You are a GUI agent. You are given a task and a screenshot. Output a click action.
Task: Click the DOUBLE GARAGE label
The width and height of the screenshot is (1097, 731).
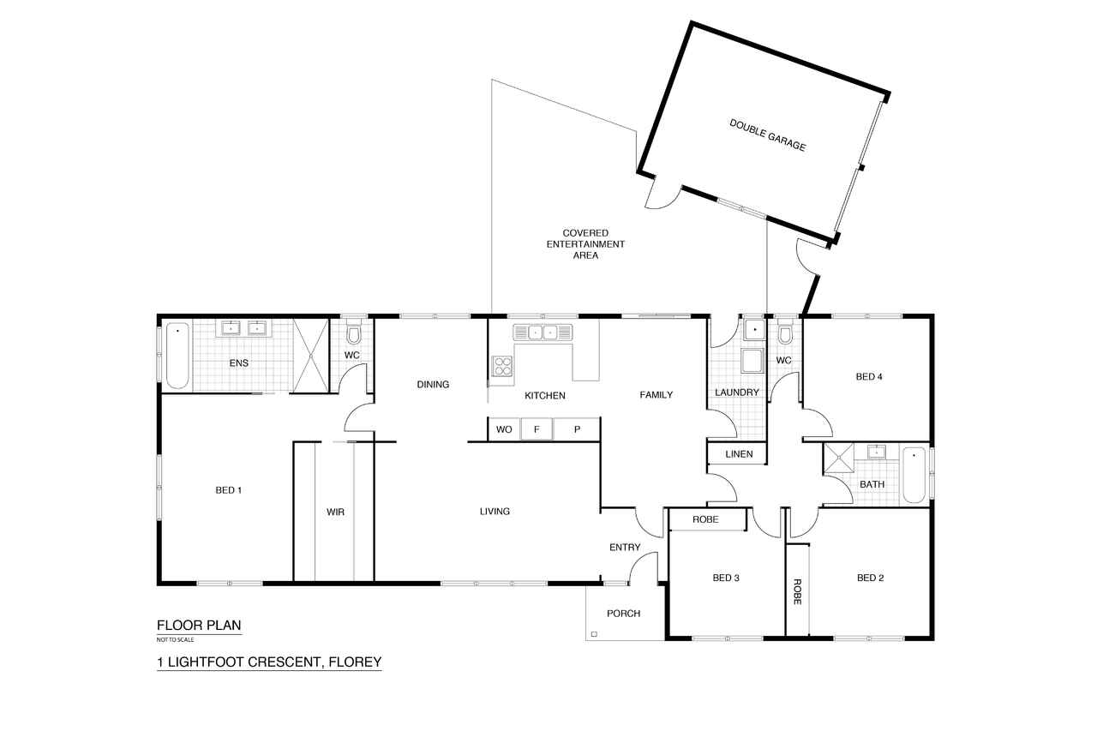767,135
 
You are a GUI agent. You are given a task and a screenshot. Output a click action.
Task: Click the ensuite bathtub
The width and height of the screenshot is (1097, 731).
177,356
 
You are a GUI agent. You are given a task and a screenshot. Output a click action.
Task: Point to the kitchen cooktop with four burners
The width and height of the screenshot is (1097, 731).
502,366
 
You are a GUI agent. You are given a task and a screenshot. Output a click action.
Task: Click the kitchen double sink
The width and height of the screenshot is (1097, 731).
543,333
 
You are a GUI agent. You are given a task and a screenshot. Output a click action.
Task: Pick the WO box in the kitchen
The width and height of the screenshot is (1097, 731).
504,429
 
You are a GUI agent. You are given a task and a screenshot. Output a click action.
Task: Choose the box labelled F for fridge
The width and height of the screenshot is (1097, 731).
537,429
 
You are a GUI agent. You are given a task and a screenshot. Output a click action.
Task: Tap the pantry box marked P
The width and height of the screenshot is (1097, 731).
577,429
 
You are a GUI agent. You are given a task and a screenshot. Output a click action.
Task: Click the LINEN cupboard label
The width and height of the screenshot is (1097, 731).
739,454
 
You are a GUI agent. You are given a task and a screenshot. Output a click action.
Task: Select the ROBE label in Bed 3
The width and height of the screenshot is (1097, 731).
705,519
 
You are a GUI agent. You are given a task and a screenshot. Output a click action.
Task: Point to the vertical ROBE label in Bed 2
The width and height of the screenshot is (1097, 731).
797,591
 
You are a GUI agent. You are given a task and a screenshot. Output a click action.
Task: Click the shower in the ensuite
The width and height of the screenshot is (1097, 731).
311,356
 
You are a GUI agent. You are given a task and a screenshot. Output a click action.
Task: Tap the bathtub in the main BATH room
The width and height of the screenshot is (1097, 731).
914,475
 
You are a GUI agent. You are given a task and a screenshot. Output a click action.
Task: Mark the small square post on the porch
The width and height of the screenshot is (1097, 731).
594,634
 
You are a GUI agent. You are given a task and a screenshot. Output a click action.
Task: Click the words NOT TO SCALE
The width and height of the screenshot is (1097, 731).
176,639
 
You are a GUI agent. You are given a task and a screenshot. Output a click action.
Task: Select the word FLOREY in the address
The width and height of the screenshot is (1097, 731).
355,662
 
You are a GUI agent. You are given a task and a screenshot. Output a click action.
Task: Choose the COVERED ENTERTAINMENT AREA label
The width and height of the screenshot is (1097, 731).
585,244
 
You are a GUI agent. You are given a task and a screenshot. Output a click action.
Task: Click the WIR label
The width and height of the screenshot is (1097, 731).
335,512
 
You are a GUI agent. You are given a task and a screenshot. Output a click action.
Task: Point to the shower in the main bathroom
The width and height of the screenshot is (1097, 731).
839,458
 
